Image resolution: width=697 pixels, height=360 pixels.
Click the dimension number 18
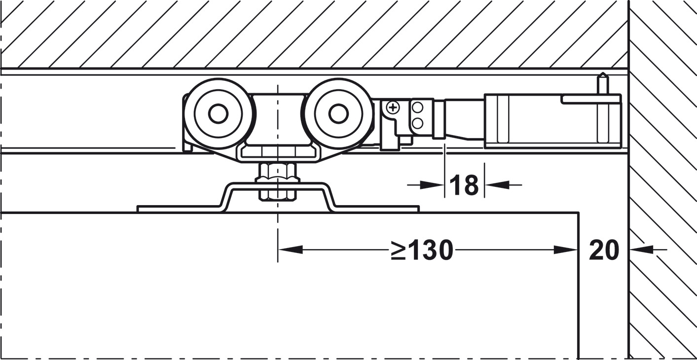[464, 185]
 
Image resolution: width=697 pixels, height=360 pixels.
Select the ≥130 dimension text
[422, 250]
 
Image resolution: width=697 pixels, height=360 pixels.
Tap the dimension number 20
[604, 250]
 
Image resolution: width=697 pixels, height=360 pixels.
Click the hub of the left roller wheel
[218, 114]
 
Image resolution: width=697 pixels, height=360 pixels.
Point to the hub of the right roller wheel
[338, 114]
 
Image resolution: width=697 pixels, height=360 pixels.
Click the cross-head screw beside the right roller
[393, 108]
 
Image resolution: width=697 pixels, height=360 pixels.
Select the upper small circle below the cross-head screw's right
[418, 108]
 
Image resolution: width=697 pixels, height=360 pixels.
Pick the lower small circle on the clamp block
[418, 123]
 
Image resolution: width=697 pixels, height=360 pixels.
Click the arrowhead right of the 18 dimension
[497, 185]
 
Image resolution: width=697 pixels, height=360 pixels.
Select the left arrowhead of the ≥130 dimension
[291, 250]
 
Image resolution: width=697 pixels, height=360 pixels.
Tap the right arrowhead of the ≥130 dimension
[566, 250]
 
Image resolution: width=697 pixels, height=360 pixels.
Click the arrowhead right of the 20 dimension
[641, 250]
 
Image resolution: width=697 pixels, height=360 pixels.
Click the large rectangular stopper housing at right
[552, 121]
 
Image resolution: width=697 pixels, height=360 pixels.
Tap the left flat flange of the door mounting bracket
[180, 209]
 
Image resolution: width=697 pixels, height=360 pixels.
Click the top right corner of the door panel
[579, 213]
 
